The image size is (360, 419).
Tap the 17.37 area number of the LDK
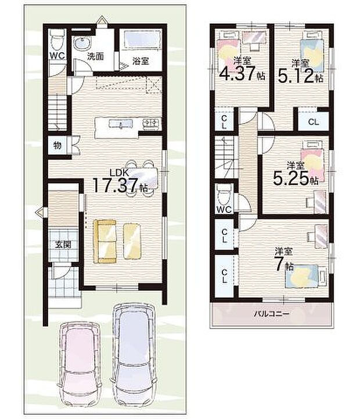tap(116, 185)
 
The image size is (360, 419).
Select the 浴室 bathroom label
tap(141, 61)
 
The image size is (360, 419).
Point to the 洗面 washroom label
tap(95, 57)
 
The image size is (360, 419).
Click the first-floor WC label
tap(57, 56)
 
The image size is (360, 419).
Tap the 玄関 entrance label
tap(63, 244)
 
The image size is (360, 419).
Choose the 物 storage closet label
tap(57, 146)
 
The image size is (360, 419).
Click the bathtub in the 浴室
tap(140, 39)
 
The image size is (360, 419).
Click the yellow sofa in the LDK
tap(105, 241)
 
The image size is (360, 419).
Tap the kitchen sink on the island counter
tap(120, 124)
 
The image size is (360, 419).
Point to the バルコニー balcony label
tap(272, 313)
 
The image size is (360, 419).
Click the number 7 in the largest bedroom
tap(280, 265)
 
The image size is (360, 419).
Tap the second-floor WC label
tap(224, 209)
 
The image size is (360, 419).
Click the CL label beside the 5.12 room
tap(314, 122)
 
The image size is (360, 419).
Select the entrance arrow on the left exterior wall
tap(39, 212)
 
